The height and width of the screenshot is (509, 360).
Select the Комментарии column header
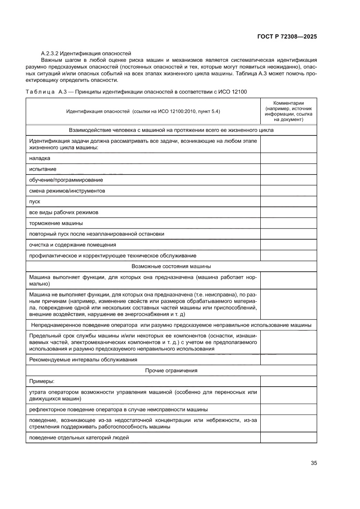pos(288,111)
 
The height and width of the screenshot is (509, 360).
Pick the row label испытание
pos(43,169)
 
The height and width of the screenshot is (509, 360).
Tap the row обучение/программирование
pos(66,180)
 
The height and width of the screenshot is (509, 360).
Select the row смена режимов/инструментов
pos(67,191)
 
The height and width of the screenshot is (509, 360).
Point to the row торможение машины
pos(56,223)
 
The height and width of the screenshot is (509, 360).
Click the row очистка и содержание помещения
pos(72,245)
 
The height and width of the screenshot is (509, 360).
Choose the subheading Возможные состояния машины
pos(171,266)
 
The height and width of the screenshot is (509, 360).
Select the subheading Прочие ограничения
pos(171,371)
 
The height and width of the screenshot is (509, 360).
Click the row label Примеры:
pos(41,381)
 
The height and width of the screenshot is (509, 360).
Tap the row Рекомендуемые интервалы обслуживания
pos(83,360)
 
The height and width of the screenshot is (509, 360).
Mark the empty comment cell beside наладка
pos(288,158)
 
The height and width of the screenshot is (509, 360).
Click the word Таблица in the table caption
pos(40,91)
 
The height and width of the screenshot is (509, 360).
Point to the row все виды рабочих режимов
pos(64,212)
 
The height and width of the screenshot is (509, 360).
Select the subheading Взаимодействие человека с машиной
pos(171,130)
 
